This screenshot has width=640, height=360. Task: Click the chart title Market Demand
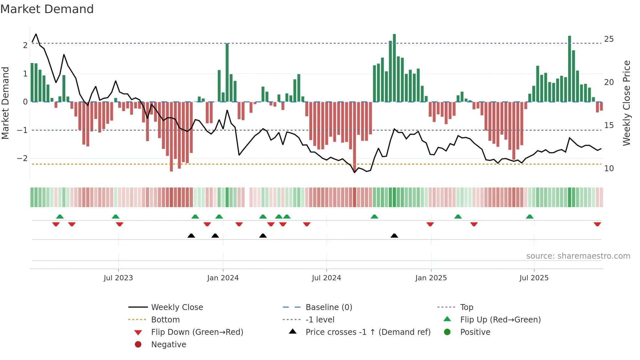(47, 9)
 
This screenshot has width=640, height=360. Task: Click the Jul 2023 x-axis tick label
(118, 278)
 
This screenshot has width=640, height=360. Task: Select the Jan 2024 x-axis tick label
(223, 278)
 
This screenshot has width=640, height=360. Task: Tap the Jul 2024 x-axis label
(326, 278)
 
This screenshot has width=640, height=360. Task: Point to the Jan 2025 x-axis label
(431, 278)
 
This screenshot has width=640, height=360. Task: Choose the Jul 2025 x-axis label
(534, 278)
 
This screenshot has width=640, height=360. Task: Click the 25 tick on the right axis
(609, 39)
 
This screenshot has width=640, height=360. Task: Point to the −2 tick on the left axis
(22, 158)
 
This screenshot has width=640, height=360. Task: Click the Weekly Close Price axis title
(626, 103)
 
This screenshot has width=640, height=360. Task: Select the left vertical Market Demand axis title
(5, 103)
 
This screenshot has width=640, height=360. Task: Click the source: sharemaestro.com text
(578, 256)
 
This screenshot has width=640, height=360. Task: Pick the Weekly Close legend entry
(177, 307)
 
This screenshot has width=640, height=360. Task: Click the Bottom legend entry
(165, 320)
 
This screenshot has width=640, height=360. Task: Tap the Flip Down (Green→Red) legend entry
(197, 332)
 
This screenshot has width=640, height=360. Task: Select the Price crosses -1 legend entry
(368, 332)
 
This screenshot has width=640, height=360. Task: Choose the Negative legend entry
(168, 345)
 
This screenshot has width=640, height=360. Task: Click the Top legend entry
(466, 307)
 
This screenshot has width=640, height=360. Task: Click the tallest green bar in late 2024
(394, 68)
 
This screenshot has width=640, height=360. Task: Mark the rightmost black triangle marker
(394, 236)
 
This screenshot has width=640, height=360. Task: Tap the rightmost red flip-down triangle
(597, 224)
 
